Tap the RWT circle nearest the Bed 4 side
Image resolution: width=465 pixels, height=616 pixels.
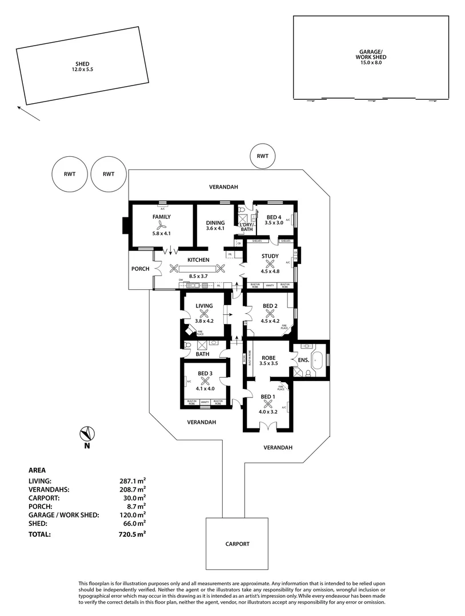263,156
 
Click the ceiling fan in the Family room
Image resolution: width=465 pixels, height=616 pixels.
162,225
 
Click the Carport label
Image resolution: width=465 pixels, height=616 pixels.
237,544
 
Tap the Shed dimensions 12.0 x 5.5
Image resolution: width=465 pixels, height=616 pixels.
82,70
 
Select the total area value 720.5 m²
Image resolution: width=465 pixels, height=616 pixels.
132,534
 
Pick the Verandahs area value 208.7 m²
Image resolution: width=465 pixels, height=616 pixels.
132,489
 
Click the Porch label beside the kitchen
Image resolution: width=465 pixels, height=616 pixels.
141,269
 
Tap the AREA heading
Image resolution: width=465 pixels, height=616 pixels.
37,470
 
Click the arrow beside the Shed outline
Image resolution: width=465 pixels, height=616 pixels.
28,113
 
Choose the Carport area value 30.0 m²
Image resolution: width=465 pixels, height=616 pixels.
134,497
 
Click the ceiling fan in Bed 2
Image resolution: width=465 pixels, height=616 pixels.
270,313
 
